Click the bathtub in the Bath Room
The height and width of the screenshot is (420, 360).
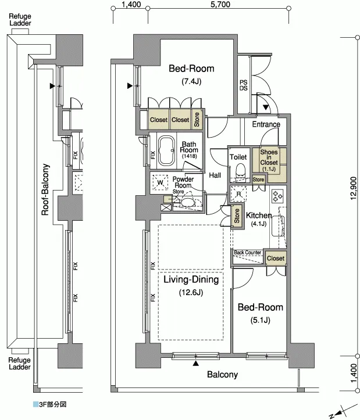(x=166, y=151)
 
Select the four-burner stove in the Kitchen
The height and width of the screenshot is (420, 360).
(x=277, y=196)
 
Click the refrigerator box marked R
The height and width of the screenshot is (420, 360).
(x=238, y=193)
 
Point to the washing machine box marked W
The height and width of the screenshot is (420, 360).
(x=160, y=182)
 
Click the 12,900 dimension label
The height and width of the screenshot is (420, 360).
(x=353, y=188)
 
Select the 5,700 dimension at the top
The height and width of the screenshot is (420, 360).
(x=220, y=4)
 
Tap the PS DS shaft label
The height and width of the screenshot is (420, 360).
(x=243, y=85)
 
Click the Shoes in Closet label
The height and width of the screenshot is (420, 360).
(x=269, y=160)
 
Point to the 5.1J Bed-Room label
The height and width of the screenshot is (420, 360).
(x=260, y=313)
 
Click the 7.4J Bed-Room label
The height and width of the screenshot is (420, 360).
(x=191, y=74)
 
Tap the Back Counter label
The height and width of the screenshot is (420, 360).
(x=247, y=253)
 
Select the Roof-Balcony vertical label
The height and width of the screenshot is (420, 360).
(x=45, y=189)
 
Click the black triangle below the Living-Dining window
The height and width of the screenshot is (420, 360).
(x=196, y=363)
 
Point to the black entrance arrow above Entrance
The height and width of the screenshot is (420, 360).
(x=266, y=107)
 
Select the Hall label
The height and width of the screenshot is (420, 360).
(x=215, y=175)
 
